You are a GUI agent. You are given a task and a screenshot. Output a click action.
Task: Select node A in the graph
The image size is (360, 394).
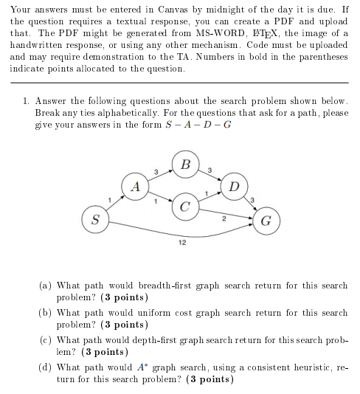coord(134,186)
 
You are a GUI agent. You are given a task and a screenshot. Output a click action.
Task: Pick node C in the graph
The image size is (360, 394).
coord(186,205)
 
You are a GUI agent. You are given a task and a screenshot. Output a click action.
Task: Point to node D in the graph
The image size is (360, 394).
coord(235,185)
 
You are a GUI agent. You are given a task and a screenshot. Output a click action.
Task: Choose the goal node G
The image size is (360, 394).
coord(266,219)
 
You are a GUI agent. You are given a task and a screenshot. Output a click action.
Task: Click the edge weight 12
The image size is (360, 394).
coord(181,242)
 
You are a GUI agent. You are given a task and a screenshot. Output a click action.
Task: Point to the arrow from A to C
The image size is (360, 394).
coord(159,196)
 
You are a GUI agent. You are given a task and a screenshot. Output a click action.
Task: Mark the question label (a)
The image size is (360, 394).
coord(46,284)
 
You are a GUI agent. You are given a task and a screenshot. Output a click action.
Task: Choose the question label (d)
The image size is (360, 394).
coord(46,367)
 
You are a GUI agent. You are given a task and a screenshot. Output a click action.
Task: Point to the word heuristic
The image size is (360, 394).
coord(297,367)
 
